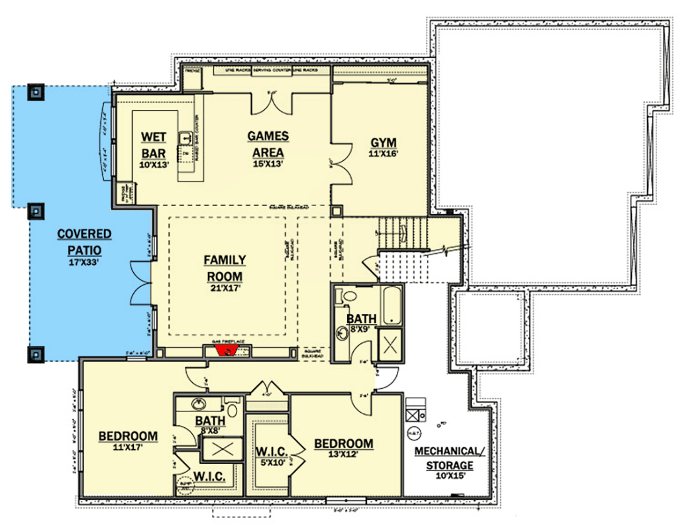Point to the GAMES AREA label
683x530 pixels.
[268, 142]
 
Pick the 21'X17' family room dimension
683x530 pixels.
[225, 288]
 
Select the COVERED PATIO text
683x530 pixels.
[83, 242]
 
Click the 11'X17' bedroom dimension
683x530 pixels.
[128, 448]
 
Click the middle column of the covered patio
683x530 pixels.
[34, 212]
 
